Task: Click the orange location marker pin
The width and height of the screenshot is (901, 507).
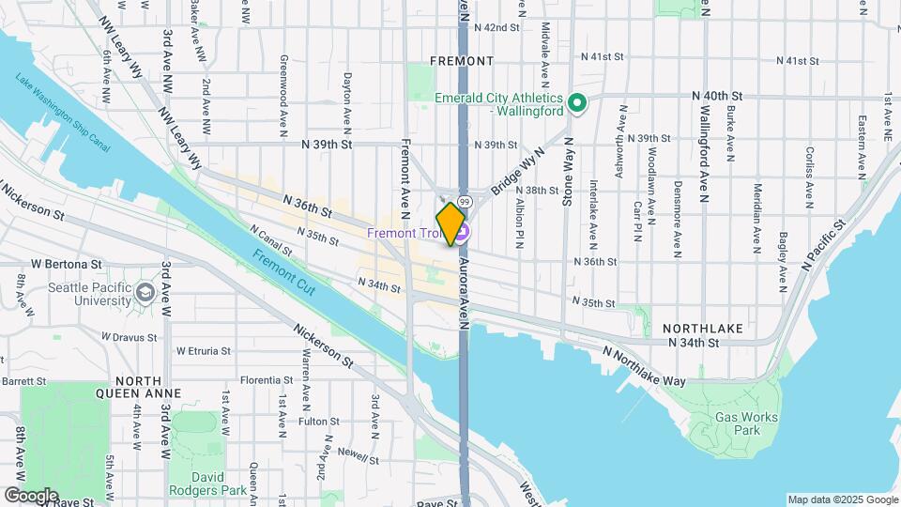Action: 451,223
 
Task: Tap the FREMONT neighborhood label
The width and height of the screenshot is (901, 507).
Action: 462,61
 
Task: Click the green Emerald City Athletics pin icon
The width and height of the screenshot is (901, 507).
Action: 578,103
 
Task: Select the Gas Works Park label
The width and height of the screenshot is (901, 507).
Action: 735,423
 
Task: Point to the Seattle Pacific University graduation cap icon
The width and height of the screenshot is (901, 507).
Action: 145,293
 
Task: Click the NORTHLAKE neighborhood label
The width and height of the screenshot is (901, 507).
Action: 703,329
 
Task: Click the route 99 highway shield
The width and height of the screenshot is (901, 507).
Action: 465,203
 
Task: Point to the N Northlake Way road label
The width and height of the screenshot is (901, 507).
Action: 645,367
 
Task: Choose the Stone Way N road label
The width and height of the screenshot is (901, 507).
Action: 567,169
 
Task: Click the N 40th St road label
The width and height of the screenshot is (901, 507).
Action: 717,96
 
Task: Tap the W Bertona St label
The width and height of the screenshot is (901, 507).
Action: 65,265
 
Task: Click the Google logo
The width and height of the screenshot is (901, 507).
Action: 31,495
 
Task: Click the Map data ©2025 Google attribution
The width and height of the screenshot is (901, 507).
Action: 843,499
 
